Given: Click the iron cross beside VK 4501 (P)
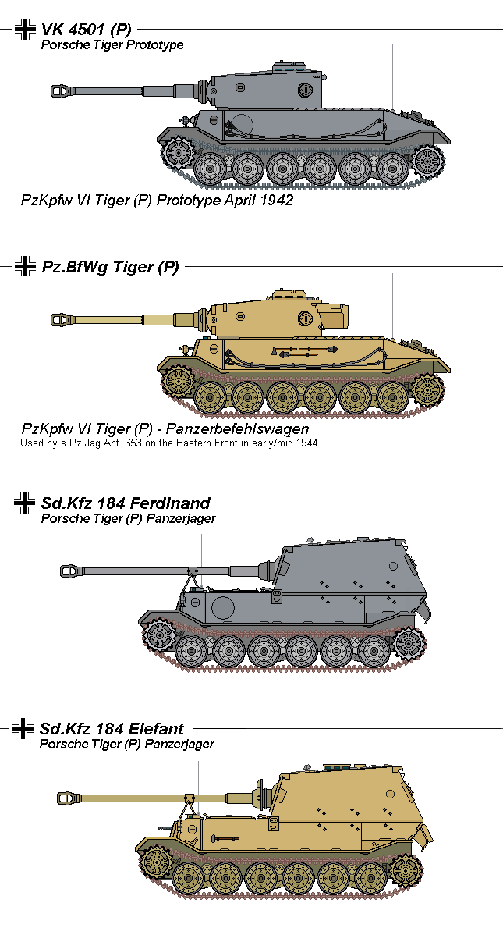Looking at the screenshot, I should [25, 30].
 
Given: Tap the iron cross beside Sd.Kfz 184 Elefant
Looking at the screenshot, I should [23, 729].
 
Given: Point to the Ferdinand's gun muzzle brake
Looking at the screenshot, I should [71, 571].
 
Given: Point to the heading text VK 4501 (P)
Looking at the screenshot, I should [86, 30].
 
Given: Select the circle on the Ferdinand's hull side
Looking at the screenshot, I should [224, 606].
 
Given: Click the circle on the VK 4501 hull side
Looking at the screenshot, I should [243, 124].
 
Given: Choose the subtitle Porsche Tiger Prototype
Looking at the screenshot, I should [112, 44].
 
